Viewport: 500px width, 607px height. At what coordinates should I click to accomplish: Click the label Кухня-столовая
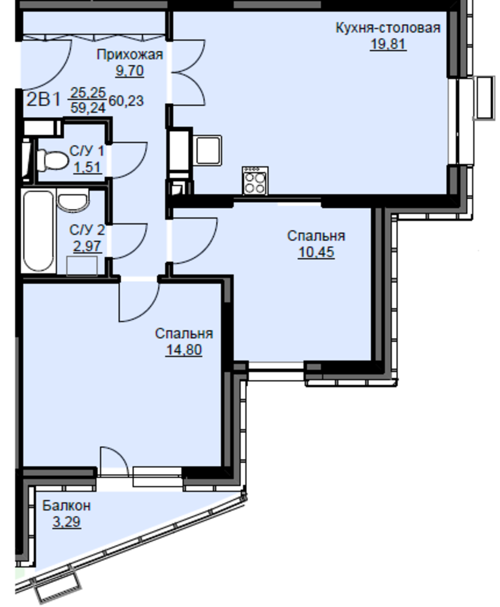tap(388, 29)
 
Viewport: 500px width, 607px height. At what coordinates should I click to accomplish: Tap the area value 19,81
tap(388, 44)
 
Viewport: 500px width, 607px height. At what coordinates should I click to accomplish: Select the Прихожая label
tap(130, 55)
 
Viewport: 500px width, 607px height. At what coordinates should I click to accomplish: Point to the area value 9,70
tap(130, 71)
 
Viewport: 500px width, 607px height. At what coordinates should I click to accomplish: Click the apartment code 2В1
tap(44, 100)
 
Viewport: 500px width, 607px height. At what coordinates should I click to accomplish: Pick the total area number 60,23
tap(126, 101)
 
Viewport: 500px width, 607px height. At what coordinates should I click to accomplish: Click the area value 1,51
tap(87, 168)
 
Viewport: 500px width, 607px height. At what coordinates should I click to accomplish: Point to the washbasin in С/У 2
tap(72, 202)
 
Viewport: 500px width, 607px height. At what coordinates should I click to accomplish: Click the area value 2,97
tap(87, 246)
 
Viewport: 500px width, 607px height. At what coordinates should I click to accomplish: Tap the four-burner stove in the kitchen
tap(255, 181)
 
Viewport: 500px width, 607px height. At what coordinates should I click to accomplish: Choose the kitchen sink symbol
tap(208, 150)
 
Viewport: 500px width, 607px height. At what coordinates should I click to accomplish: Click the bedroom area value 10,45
tap(316, 253)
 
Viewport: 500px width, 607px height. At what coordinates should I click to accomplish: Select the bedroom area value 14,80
tap(184, 350)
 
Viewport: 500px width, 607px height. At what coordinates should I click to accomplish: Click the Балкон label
tap(67, 506)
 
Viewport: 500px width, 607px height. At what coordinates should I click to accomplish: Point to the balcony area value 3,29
tap(67, 522)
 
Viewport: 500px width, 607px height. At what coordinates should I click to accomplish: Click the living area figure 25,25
tap(88, 93)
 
